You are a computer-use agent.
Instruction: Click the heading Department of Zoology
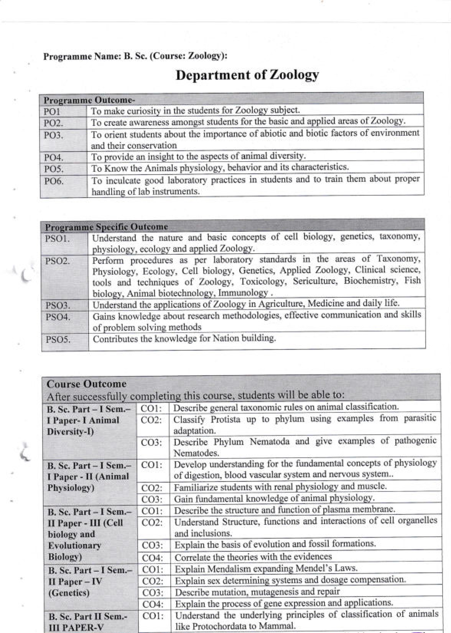tap(247, 74)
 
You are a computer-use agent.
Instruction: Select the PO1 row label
tap(52, 112)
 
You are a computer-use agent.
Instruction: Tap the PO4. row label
tap(54, 157)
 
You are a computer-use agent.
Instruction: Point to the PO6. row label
tap(54, 181)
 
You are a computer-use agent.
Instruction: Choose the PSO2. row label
tap(58, 261)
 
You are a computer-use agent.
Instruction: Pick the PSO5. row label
tap(58, 340)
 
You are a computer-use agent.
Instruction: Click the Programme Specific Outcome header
tap(106, 227)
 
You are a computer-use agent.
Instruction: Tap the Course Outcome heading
tap(86, 384)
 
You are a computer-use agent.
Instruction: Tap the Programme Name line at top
tap(135, 56)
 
